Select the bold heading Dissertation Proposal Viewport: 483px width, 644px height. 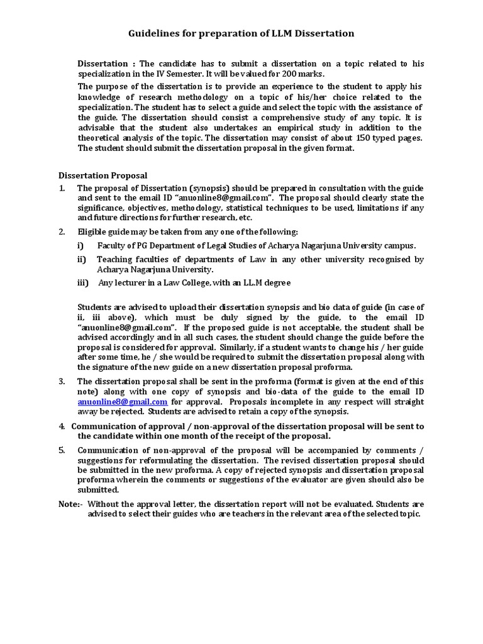pyautogui.click(x=103, y=175)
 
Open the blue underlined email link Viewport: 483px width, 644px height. pyautogui.click(x=123, y=401)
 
